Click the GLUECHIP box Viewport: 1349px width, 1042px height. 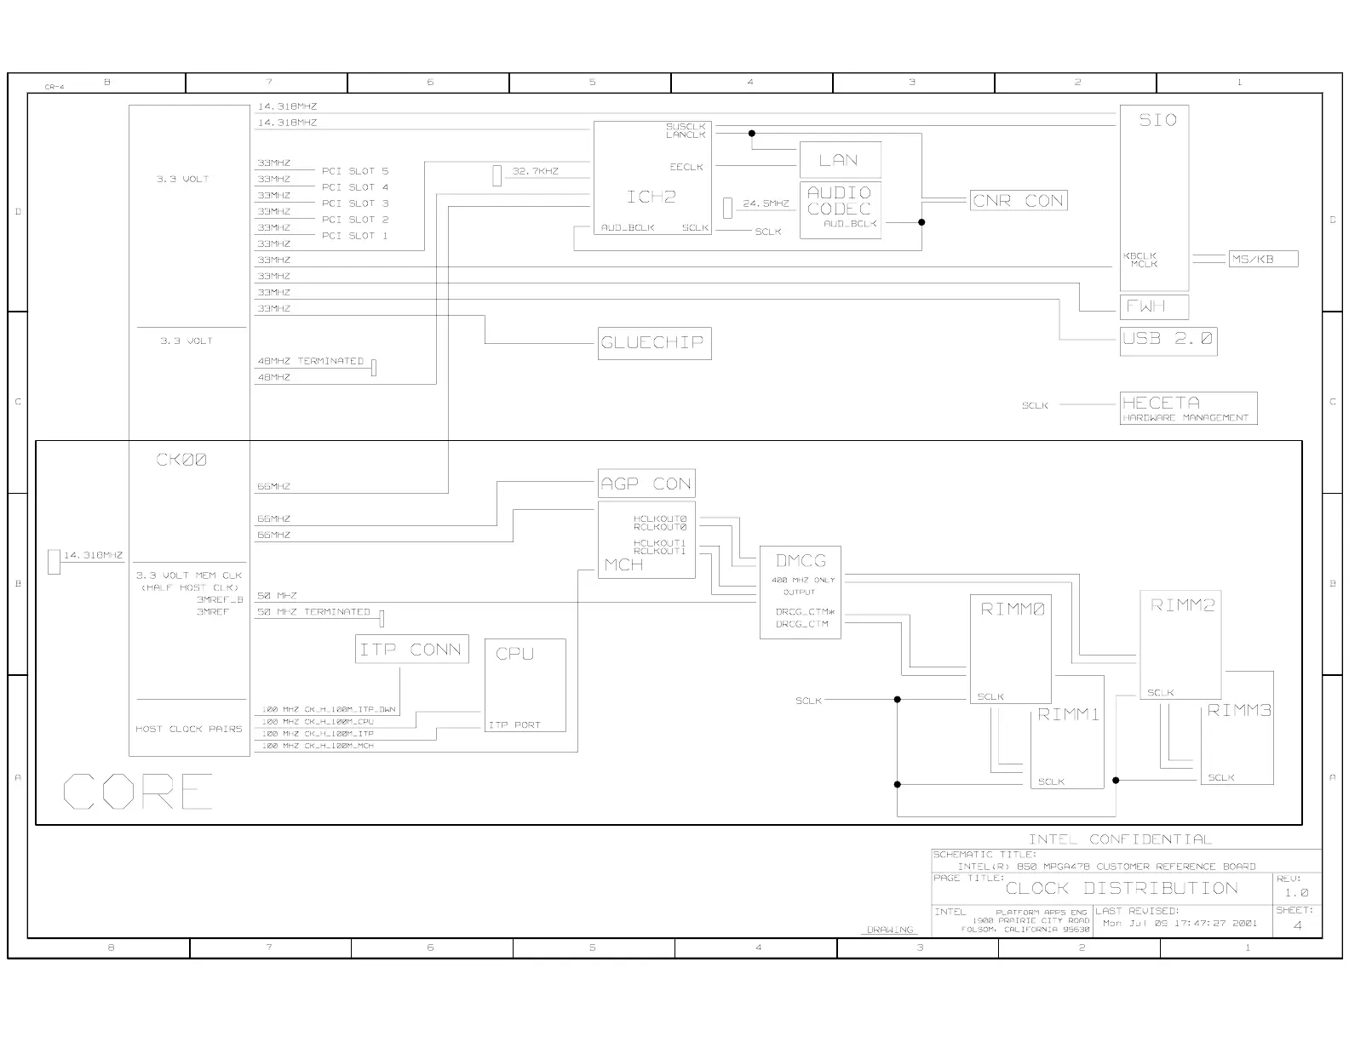pyautogui.click(x=653, y=343)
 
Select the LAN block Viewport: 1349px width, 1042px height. pyautogui.click(x=839, y=160)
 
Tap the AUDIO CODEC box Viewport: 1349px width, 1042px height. pyautogui.click(x=839, y=209)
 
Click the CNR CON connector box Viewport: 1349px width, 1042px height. pyautogui.click(x=1019, y=201)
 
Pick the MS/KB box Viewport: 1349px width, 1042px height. pyautogui.click(x=1263, y=259)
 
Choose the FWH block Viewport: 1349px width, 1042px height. pyautogui.click(x=1154, y=306)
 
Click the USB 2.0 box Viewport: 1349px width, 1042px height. pyautogui.click(x=1168, y=340)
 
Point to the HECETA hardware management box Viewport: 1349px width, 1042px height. pyautogui.click(x=1188, y=408)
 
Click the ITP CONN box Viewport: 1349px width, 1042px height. pyautogui.click(x=411, y=650)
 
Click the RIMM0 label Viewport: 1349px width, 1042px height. pyautogui.click(x=1013, y=610)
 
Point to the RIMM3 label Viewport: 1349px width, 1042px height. pyautogui.click(x=1239, y=710)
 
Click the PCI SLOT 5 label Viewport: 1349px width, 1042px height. pyautogui.click(x=355, y=171)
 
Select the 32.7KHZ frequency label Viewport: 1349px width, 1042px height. pyautogui.click(x=536, y=171)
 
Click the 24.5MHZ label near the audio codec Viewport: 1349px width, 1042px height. pyautogui.click(x=766, y=204)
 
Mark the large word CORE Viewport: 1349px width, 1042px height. pyautogui.click(x=138, y=792)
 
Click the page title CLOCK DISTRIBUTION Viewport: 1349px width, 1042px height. pyautogui.click(x=1122, y=889)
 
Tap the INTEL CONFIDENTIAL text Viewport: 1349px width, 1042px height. pyautogui.click(x=1119, y=839)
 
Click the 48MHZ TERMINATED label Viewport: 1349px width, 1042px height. pyautogui.click(x=311, y=361)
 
